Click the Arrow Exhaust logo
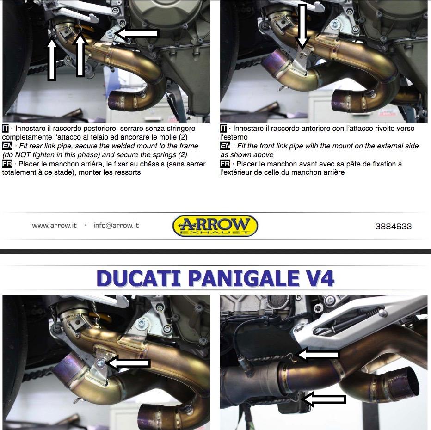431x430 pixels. point(215,226)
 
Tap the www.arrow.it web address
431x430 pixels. point(55,226)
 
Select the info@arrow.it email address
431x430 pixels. point(116,226)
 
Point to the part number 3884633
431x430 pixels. point(394,227)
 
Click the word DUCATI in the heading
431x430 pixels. point(139,278)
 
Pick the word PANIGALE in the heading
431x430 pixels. point(244,278)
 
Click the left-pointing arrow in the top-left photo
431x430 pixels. point(136,33)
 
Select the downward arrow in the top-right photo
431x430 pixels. point(302,27)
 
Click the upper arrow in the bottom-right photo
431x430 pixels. point(319,355)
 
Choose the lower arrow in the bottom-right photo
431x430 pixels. point(324,399)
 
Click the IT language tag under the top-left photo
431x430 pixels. point(6,129)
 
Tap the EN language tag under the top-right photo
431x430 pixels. point(225,146)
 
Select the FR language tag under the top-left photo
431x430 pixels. point(7,164)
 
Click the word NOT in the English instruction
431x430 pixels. point(23,155)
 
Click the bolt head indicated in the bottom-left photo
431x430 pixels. point(100,364)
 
